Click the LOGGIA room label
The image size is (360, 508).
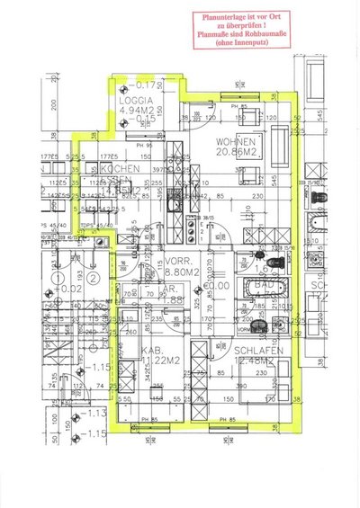pos(138,101)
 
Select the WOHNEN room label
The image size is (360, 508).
pos(236,143)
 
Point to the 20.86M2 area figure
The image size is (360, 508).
pos(238,154)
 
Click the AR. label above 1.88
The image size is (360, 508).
pos(168,290)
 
